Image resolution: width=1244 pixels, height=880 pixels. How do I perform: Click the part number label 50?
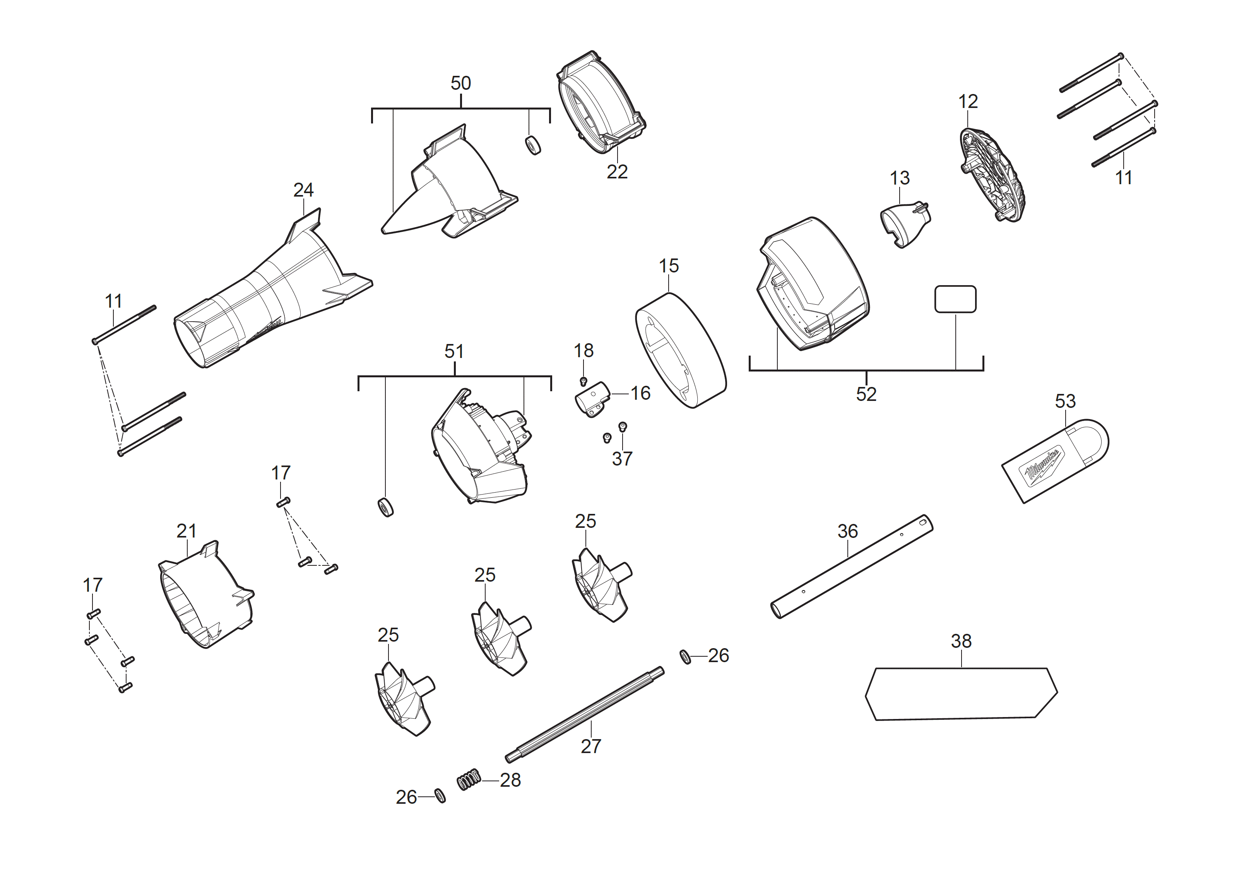(460, 84)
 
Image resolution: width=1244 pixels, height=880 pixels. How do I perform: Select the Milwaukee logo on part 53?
(1041, 465)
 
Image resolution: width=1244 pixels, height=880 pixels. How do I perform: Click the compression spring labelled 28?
(469, 779)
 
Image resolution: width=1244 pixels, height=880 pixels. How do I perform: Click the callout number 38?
(961, 641)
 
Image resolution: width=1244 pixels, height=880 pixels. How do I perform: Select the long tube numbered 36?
(852, 566)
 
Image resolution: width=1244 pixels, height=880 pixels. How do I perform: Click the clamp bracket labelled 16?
(592, 399)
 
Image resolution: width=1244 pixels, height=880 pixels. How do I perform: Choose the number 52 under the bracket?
(866, 394)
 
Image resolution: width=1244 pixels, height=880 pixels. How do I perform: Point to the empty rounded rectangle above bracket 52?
(955, 299)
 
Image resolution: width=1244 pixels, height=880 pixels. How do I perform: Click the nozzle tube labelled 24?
(271, 293)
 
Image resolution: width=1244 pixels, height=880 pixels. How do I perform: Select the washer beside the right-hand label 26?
(685, 657)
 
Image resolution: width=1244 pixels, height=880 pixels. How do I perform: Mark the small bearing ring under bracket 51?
(385, 507)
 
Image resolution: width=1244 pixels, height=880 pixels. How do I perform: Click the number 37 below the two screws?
(622, 459)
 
